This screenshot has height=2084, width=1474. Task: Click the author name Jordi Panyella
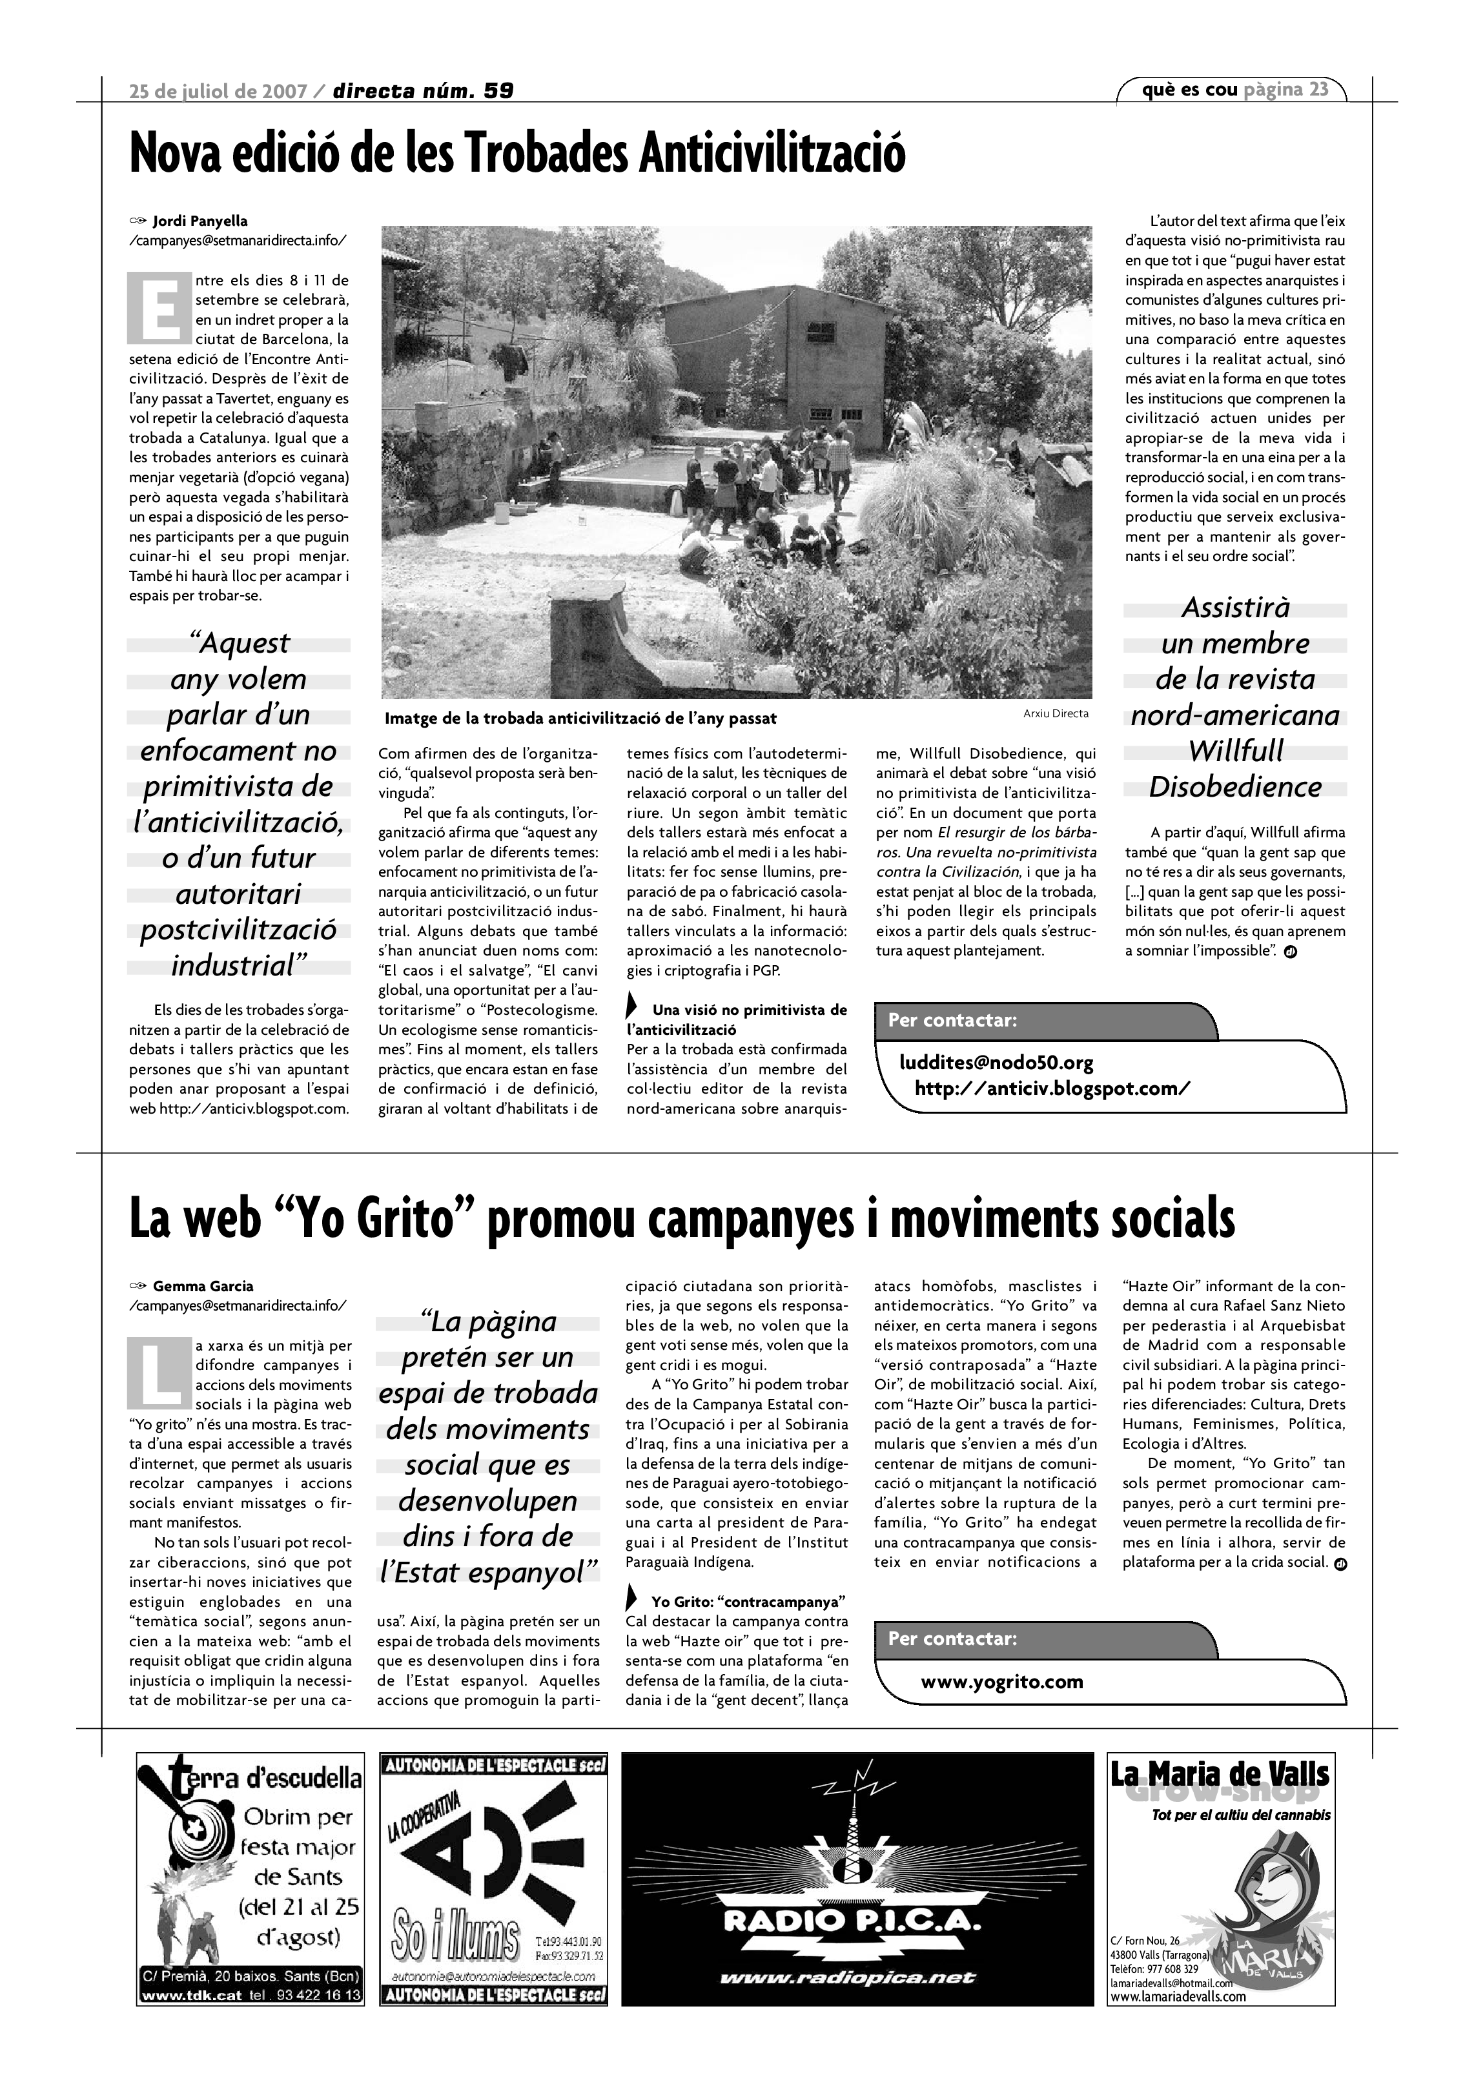coord(200,221)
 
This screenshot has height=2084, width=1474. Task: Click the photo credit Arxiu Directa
coord(1056,713)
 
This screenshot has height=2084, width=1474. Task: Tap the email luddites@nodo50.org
coord(996,1063)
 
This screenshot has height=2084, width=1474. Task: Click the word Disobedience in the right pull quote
coord(1234,787)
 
